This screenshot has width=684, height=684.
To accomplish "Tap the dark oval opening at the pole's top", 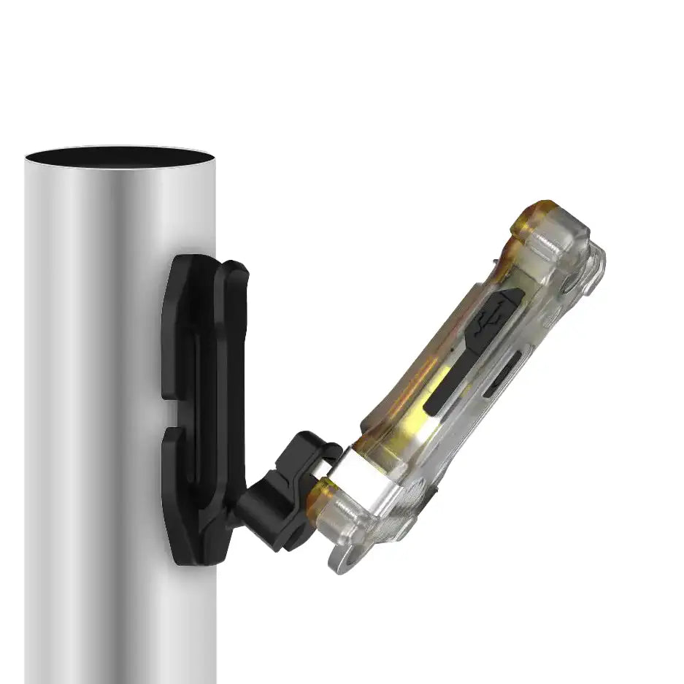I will [120, 157].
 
